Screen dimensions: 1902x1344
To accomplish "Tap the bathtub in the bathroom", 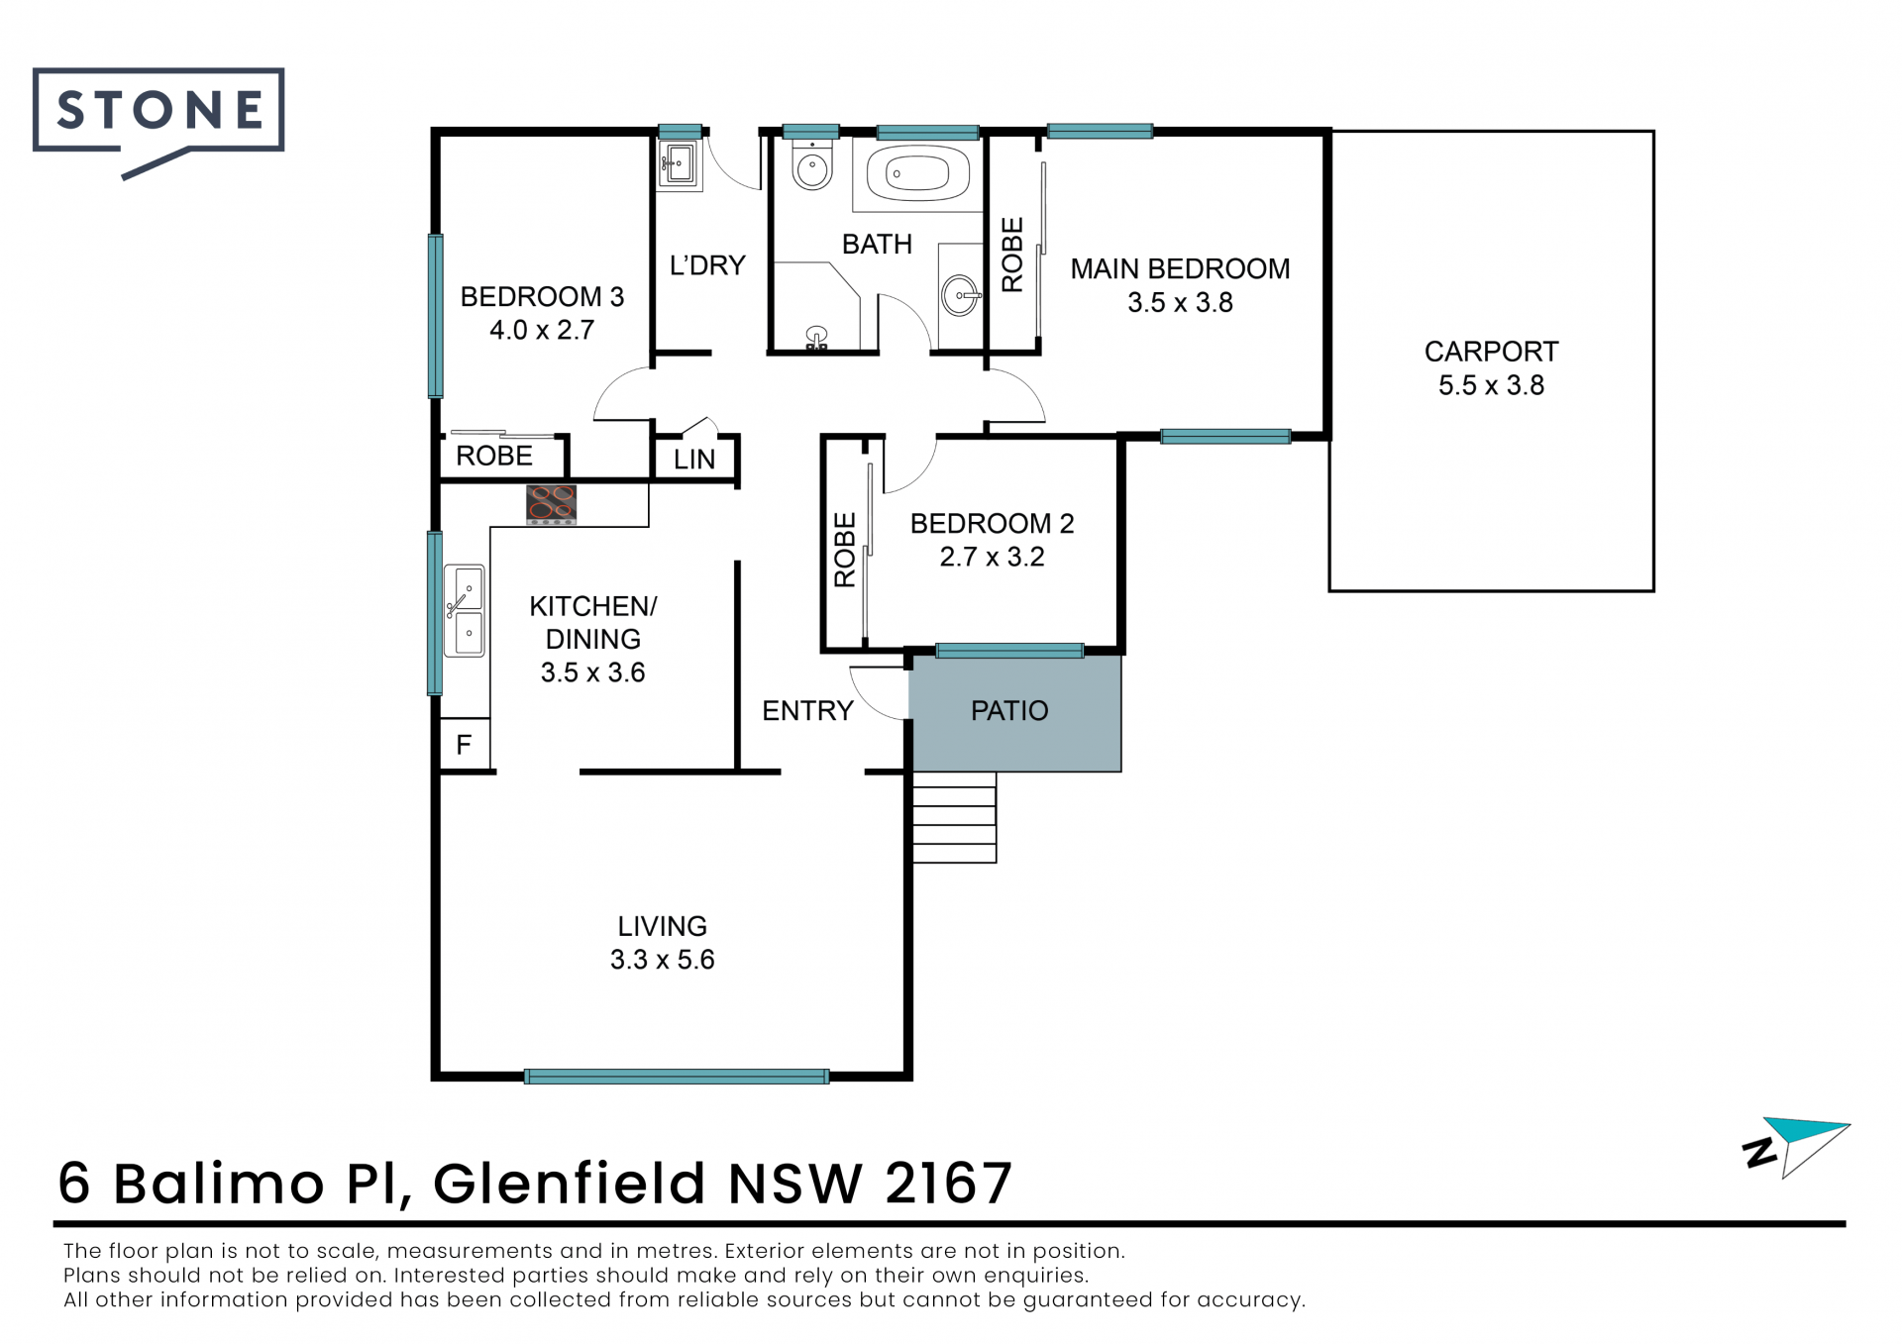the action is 918,174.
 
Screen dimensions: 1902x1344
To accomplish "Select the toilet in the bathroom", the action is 812,165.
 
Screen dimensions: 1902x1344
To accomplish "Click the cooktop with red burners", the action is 551,504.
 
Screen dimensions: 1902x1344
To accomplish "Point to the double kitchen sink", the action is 464,610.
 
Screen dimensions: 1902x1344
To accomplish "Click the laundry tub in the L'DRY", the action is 680,163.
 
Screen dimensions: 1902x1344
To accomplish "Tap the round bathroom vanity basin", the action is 960,295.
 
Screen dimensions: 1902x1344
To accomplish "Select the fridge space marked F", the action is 464,744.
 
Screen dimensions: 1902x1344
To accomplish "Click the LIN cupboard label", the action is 694,460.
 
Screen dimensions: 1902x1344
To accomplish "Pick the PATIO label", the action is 1009,711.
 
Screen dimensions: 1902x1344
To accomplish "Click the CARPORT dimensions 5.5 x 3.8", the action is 1491,385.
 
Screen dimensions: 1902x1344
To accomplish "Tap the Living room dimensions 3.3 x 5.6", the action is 662,960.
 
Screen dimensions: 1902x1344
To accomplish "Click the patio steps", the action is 954,817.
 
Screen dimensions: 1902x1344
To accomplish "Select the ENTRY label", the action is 807,711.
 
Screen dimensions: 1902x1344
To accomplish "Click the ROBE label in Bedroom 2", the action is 844,550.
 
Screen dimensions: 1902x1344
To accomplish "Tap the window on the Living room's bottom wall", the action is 677,1077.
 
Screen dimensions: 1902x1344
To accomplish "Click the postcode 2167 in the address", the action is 949,1183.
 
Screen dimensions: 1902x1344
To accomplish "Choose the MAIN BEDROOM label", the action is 1180,269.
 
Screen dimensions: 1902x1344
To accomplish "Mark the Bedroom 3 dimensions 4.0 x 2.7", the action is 542,330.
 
